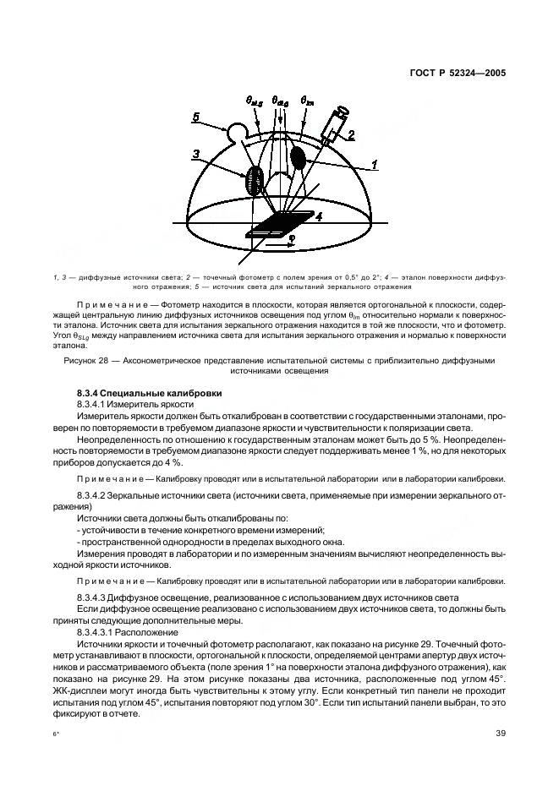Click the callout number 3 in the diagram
point(196,154)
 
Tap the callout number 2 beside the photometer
point(353,134)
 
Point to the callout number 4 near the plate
point(320,217)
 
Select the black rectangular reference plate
point(283,224)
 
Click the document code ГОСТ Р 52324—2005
point(458,74)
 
